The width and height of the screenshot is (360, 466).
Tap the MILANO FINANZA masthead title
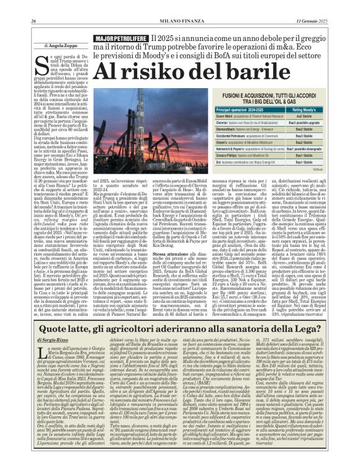click(x=180, y=6)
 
